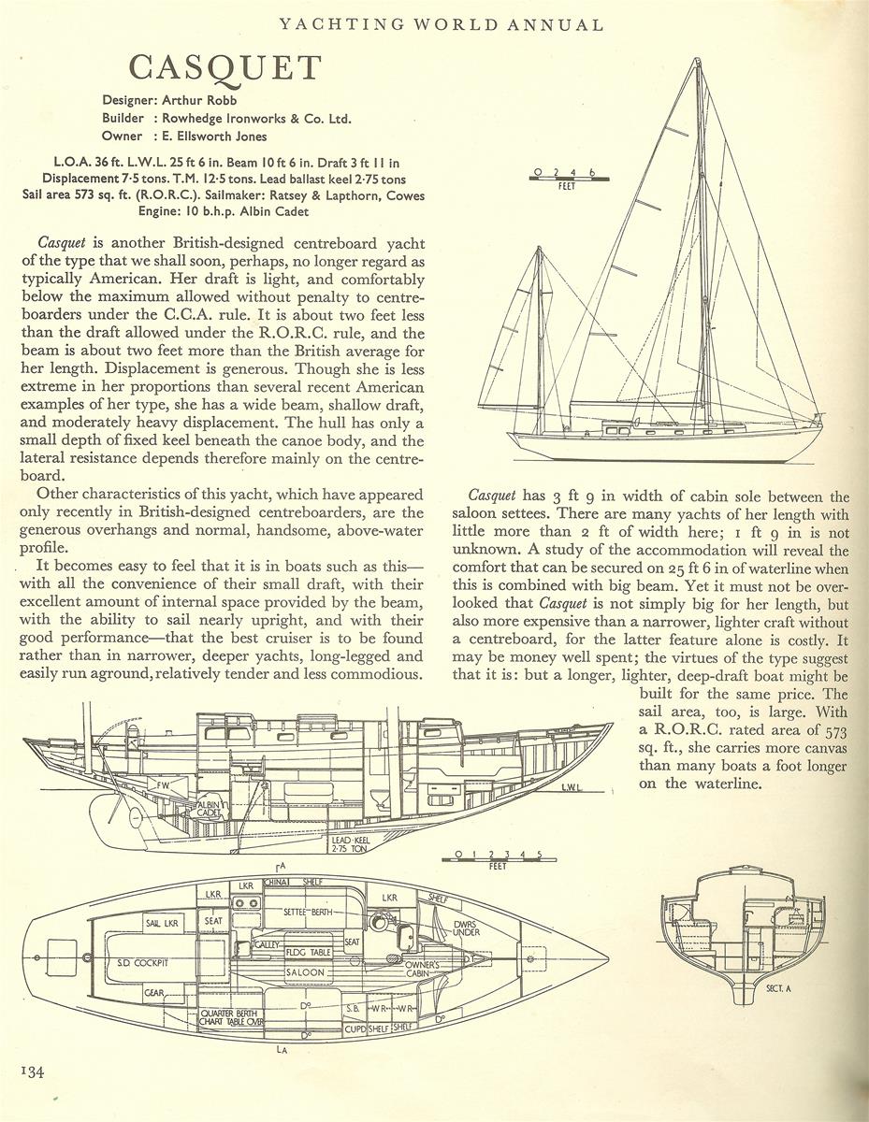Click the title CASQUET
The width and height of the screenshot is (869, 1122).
click(224, 68)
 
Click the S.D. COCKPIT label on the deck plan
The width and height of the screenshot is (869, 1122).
click(142, 960)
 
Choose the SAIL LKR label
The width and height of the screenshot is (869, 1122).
click(161, 923)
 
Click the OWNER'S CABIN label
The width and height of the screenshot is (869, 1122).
click(427, 970)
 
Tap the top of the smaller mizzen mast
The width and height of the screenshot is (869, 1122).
click(540, 249)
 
